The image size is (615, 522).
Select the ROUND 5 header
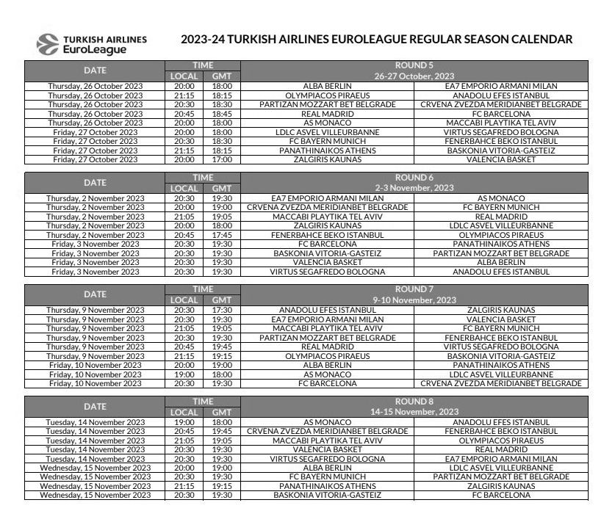pos(414,65)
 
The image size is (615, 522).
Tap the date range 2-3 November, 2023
pos(414,188)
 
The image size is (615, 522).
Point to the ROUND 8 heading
pos(414,402)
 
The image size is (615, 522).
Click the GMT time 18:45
pos(222,114)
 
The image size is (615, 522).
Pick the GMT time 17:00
pos(222,159)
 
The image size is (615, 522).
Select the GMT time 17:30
pos(222,311)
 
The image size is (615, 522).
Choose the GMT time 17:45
pos(222,235)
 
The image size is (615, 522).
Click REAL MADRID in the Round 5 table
pos(328,114)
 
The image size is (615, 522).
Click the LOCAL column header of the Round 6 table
pos(184,188)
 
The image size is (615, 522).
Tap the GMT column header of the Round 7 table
pos(222,300)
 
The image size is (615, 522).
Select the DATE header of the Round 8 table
pos(95,406)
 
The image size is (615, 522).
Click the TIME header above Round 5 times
pos(203,65)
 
